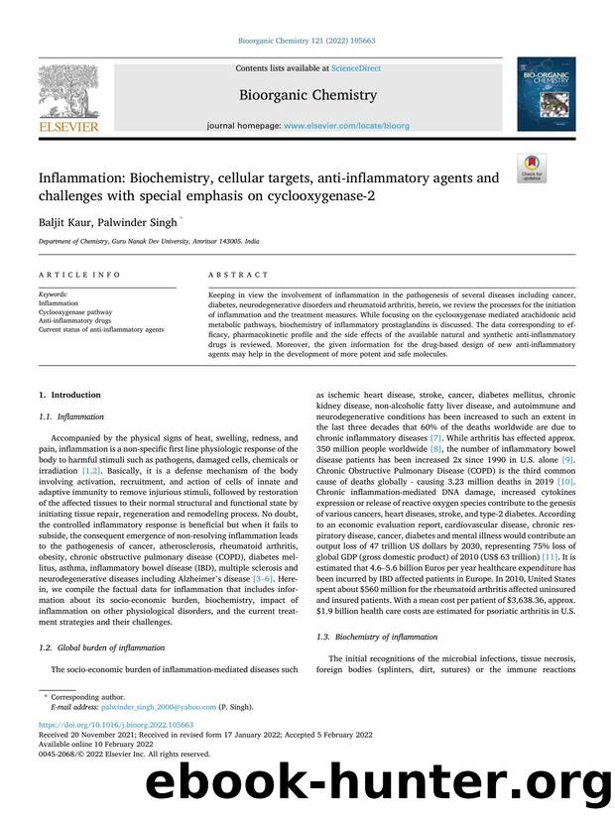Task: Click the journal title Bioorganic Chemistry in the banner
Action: tap(307, 95)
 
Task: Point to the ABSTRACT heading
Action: tap(238, 275)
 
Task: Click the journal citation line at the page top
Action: tap(307, 41)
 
